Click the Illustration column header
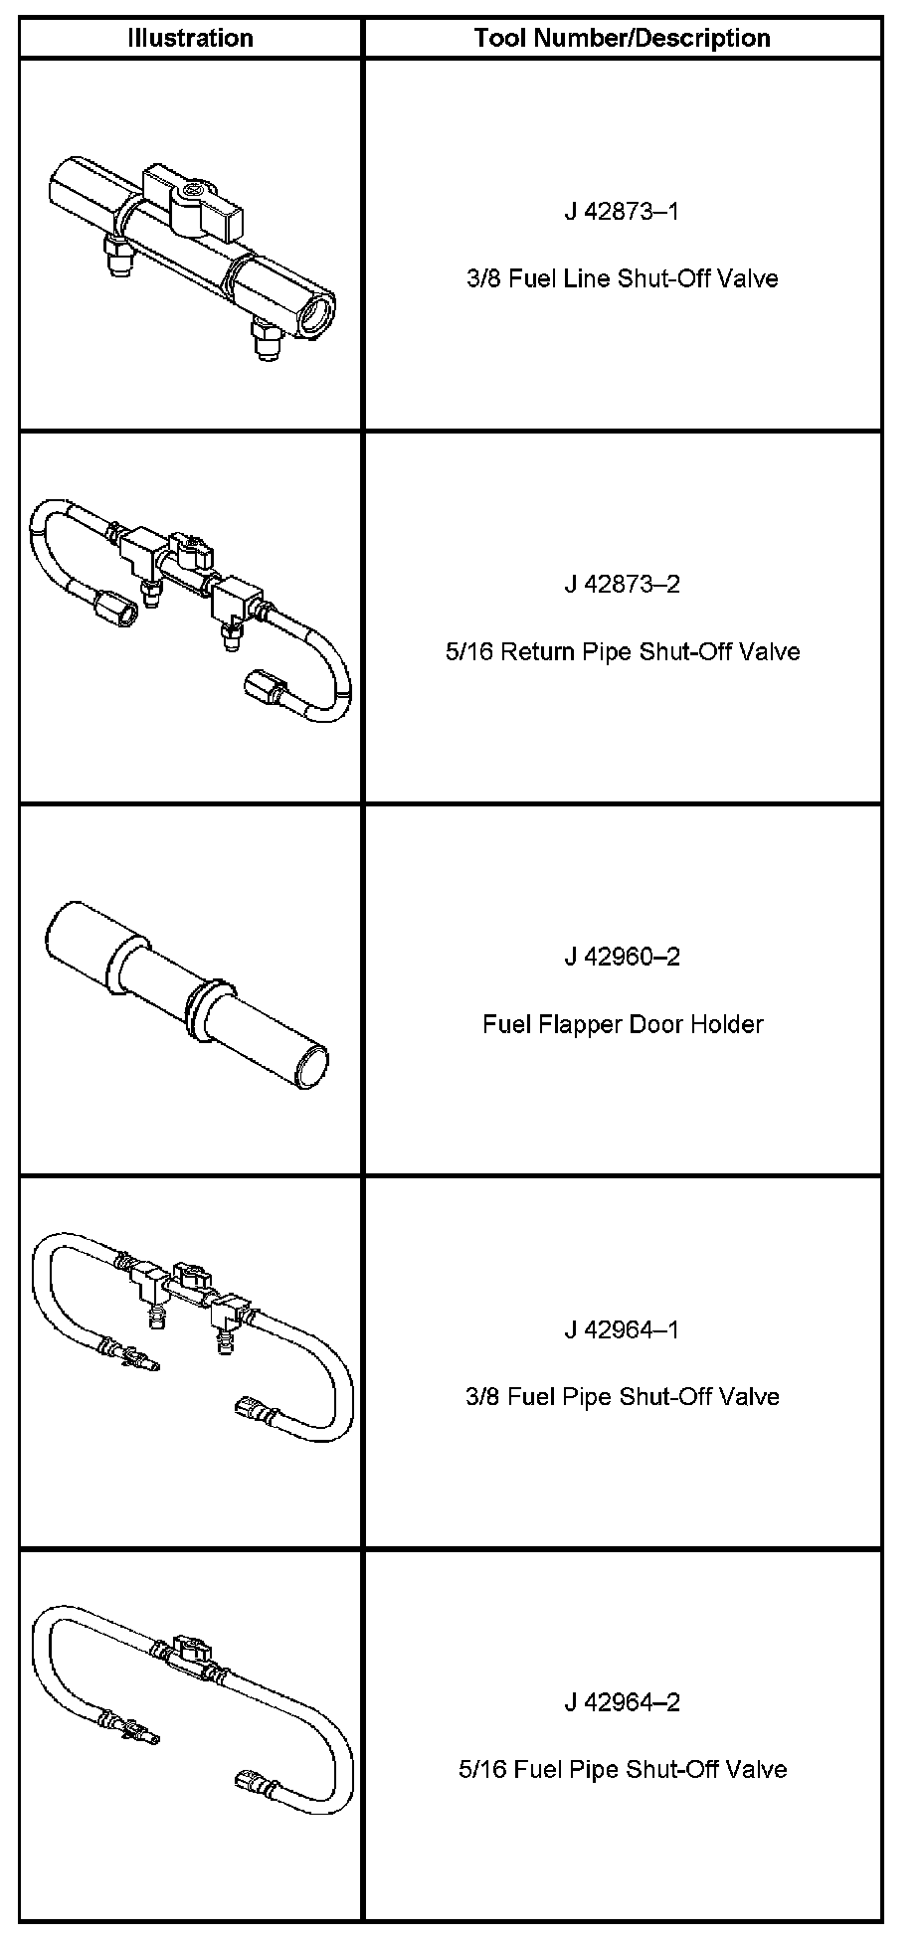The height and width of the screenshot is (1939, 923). (x=190, y=38)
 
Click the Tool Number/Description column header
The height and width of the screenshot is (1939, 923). (x=623, y=38)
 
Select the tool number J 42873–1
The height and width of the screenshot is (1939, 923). (x=623, y=211)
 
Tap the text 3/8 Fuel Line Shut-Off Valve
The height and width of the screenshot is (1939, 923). (x=623, y=278)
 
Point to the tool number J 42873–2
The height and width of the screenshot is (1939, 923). (x=623, y=584)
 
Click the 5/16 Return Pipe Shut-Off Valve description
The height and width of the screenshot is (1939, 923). (x=623, y=651)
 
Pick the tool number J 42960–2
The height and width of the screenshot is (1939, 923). (x=623, y=957)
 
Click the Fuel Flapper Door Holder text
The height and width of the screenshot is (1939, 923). (x=623, y=1024)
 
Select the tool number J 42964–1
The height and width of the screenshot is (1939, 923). (x=623, y=1329)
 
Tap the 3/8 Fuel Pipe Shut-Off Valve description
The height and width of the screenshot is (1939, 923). (x=623, y=1397)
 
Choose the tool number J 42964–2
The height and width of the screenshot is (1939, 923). (x=623, y=1702)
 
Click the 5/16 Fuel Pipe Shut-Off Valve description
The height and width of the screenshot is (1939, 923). (x=623, y=1770)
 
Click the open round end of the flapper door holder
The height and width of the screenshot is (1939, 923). (x=314, y=1068)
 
